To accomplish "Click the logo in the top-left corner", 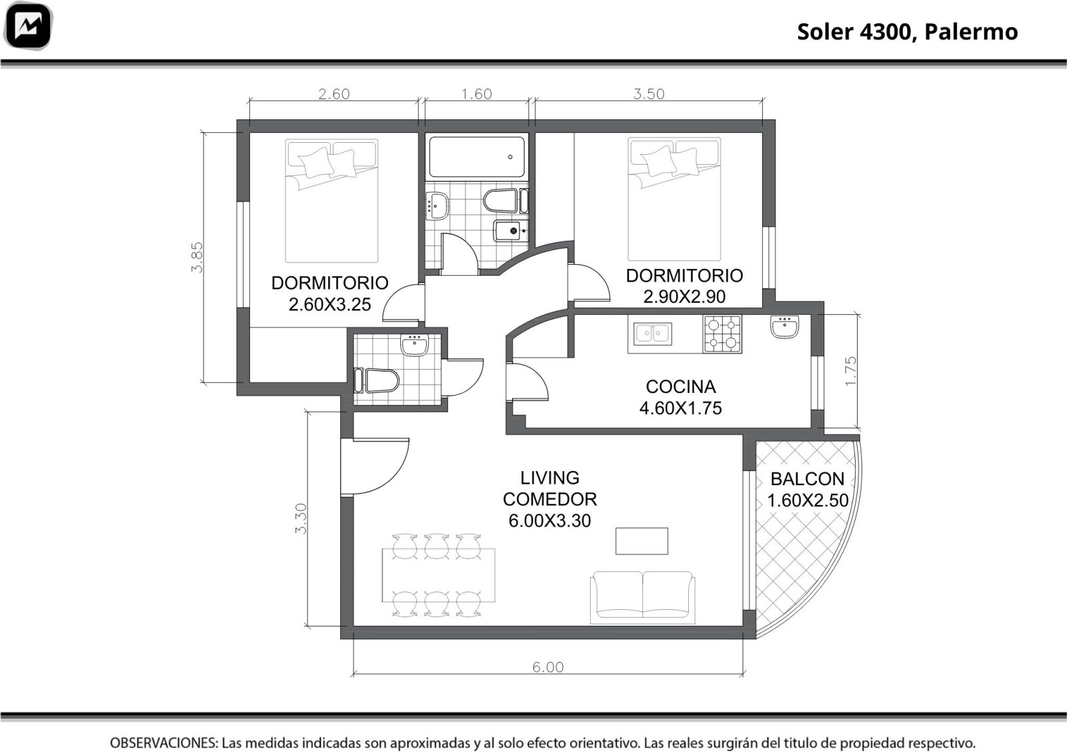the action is [27, 25].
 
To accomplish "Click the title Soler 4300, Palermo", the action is [908, 32].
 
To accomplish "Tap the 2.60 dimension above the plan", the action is [334, 94].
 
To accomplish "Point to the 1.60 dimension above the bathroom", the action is [476, 94].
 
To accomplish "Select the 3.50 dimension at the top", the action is [648, 94].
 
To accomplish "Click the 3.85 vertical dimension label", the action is [197, 258].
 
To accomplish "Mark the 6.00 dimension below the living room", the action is [548, 667].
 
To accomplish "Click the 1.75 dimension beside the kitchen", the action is [850, 371].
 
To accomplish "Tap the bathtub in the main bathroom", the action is [477, 157].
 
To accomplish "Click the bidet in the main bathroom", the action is [511, 231].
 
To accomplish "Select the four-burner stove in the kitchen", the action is [722, 334].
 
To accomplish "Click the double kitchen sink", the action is [653, 333].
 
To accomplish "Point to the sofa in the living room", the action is [643, 598].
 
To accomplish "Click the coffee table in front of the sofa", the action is [642, 541].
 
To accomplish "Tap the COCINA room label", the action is [681, 386].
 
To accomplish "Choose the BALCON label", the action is [808, 478].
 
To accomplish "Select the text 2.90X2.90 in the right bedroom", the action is [684, 296].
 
